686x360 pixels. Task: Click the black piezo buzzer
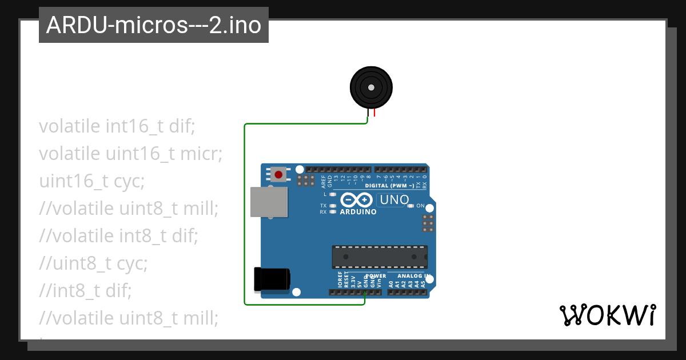(371, 87)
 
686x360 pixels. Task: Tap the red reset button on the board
(279, 174)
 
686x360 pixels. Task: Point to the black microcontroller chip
(380, 257)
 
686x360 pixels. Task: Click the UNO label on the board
(394, 199)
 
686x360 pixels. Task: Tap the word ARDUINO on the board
(358, 212)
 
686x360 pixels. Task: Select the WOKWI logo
(607, 315)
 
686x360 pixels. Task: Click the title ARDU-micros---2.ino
(153, 25)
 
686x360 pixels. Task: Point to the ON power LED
(410, 206)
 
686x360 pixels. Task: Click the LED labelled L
(333, 194)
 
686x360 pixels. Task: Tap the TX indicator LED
(333, 205)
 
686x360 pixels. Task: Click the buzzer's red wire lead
(375, 113)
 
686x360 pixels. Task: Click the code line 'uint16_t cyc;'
(91, 181)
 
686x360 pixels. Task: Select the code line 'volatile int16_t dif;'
(117, 126)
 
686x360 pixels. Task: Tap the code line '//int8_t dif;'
(85, 291)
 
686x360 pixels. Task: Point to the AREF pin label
(324, 182)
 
